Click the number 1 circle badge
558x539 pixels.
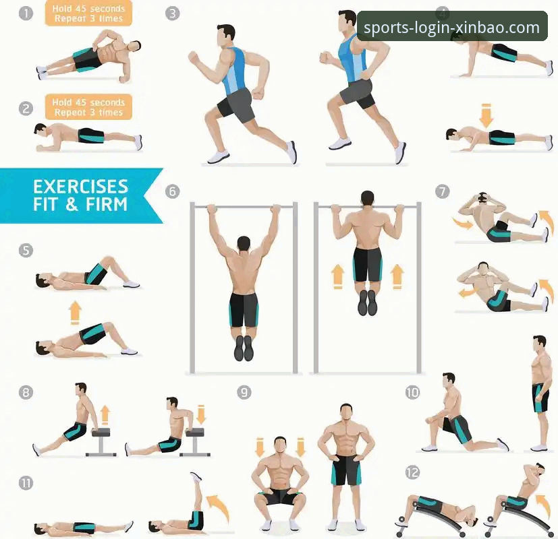point(26,13)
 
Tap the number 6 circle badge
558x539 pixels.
point(172,191)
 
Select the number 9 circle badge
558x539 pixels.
point(244,392)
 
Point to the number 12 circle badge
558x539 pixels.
point(412,472)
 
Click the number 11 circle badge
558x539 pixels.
point(26,483)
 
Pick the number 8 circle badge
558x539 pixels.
point(26,392)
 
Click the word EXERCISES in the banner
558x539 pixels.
point(80,187)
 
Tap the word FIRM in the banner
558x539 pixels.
point(107,204)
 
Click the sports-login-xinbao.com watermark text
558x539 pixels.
point(451,28)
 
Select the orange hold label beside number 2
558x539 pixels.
point(88,107)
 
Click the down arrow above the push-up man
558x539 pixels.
point(486,115)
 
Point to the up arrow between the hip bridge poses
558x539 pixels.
point(75,313)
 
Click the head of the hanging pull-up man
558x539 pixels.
point(244,243)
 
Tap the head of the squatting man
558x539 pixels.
point(280,445)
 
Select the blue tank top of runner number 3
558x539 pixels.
point(235,71)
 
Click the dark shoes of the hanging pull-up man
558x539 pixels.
point(244,348)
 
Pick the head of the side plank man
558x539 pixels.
point(135,46)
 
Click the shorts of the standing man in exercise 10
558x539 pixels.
point(540,398)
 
